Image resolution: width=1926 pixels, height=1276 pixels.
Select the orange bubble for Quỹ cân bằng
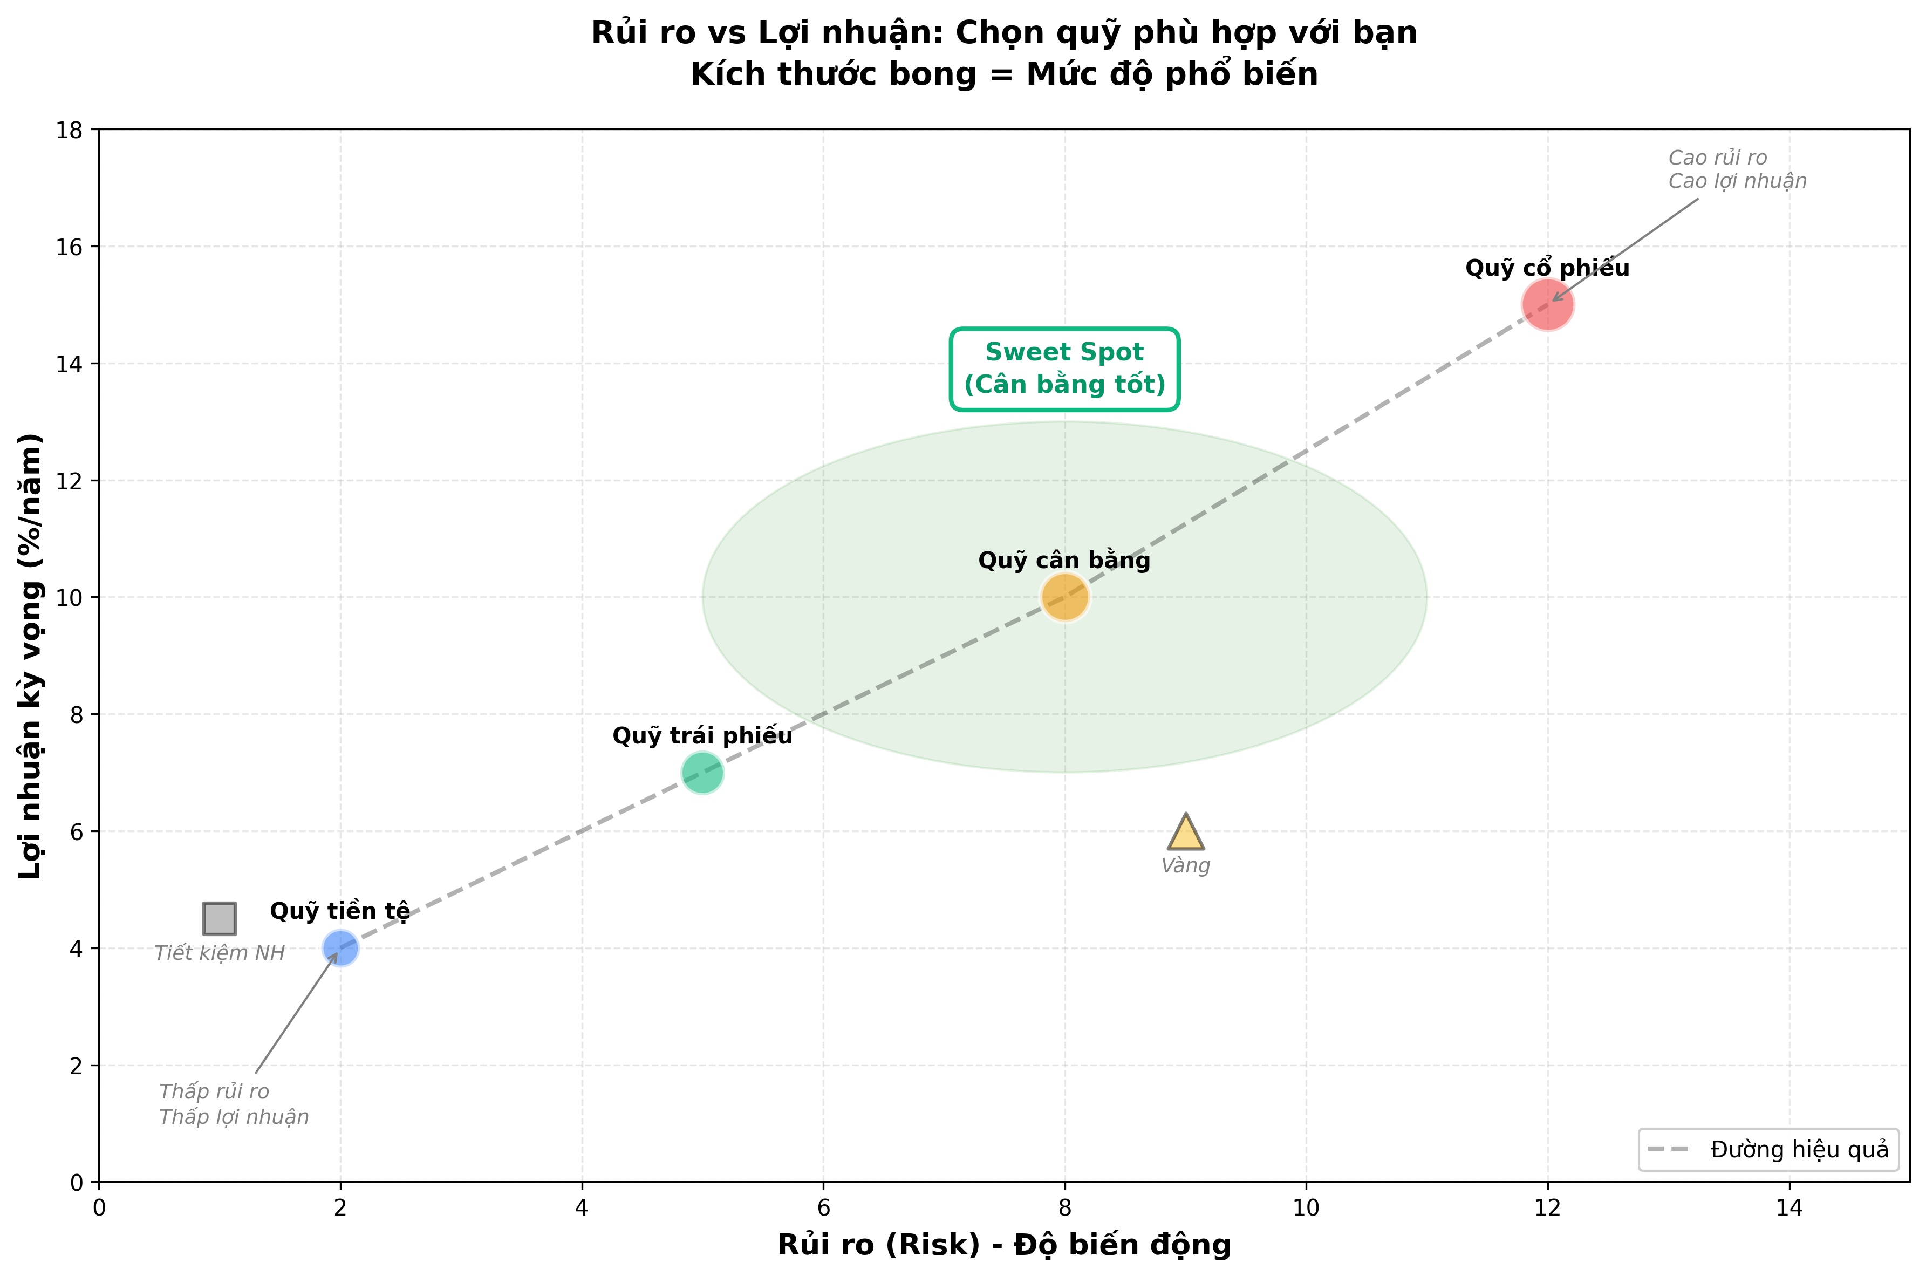coord(1064,597)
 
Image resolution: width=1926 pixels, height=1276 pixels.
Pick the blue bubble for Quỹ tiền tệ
coord(340,948)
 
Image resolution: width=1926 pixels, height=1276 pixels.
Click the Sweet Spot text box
coord(1064,369)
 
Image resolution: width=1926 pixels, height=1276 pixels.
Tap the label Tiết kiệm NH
coord(220,953)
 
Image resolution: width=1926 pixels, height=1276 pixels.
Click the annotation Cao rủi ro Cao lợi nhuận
coord(1737,169)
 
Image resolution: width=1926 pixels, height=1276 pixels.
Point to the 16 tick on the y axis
coord(71,247)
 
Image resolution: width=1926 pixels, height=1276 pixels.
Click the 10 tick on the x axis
coord(1306,1207)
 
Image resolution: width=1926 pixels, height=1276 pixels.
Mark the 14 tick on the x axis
coord(1788,1207)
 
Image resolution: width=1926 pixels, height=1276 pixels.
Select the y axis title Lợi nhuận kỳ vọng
coord(31,656)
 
